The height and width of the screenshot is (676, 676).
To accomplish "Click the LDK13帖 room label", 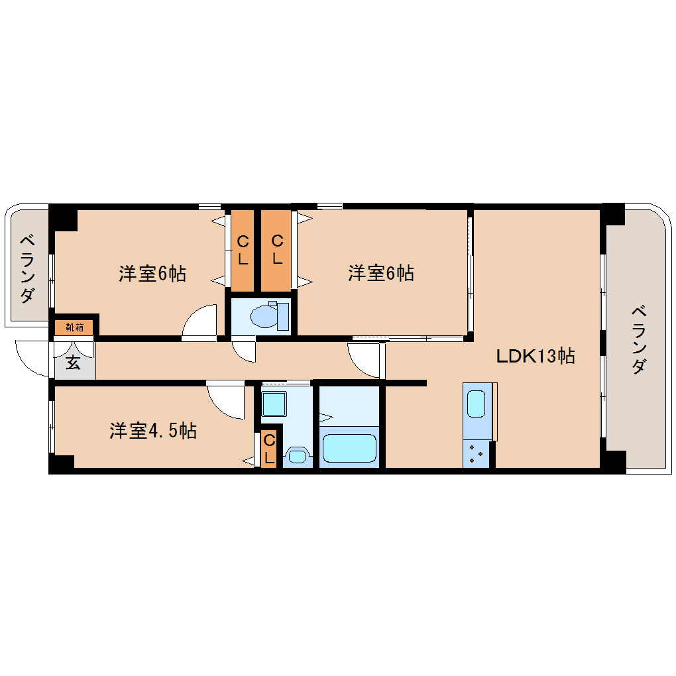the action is pyautogui.click(x=535, y=356).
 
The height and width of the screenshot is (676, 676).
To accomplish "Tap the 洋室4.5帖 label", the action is pyautogui.click(x=154, y=431).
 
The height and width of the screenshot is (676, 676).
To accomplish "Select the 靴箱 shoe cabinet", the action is pyautogui.click(x=74, y=327).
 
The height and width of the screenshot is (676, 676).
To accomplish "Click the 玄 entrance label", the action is pyautogui.click(x=74, y=363).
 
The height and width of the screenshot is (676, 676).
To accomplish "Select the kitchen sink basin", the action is pyautogui.click(x=476, y=404).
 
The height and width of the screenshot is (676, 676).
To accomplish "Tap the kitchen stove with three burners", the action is pyautogui.click(x=476, y=454).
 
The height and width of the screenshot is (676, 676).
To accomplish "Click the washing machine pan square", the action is pyautogui.click(x=274, y=404).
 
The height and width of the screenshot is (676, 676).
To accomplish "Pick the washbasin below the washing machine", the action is pyautogui.click(x=297, y=456).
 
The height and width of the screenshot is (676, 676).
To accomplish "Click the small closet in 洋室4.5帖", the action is pyautogui.click(x=269, y=449).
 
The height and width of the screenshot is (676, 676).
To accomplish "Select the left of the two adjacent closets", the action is pyautogui.click(x=243, y=251).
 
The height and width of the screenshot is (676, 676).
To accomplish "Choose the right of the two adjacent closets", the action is pyautogui.click(x=276, y=251).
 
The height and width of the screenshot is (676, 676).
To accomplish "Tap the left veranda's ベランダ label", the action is pyautogui.click(x=28, y=268).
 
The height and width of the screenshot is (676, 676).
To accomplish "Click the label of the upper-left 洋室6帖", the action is pyautogui.click(x=152, y=273).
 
